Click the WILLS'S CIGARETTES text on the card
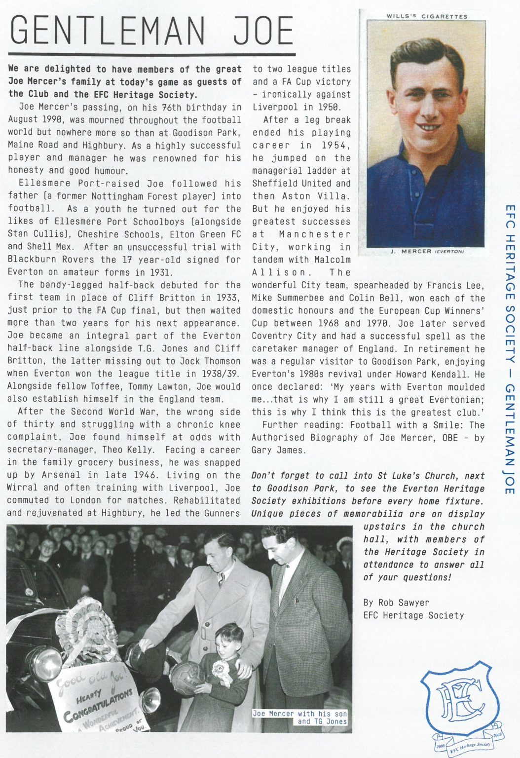point(427,16)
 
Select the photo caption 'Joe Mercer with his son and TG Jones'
point(300,718)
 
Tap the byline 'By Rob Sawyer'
point(396,603)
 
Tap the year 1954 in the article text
point(336,146)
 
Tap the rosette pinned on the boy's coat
point(218,669)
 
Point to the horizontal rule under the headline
point(152,54)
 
